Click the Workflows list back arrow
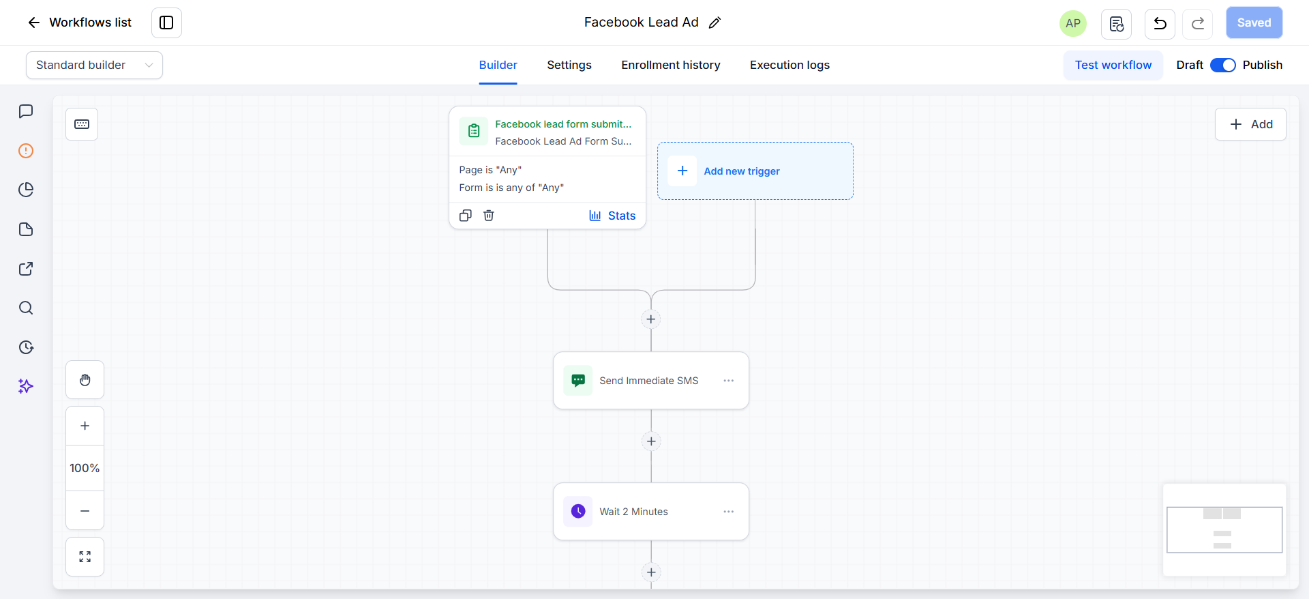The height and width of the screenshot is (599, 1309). coord(33,23)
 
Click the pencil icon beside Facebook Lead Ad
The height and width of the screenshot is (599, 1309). coord(714,23)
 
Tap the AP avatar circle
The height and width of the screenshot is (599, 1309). coord(1073,23)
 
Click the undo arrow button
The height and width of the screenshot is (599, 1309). coord(1160,24)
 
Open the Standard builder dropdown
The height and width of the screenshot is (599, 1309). coord(94,65)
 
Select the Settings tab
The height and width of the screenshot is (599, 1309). coord(569,65)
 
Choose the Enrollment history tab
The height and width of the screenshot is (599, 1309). coord(671,65)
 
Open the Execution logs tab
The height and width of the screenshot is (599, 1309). coord(789,65)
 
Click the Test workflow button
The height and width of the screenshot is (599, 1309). coord(1113,65)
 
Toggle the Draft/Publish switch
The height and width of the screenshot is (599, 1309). coord(1222,65)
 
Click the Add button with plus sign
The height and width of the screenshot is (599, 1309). coord(1250,124)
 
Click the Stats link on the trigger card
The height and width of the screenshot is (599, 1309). coord(612,216)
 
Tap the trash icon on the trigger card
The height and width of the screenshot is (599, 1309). coord(489,216)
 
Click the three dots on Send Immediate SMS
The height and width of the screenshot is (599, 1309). coord(729,381)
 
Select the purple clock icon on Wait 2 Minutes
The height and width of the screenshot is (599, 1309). coord(578,512)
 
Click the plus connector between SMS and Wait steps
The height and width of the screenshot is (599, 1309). coord(651,441)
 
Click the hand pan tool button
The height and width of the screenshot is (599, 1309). coord(85,380)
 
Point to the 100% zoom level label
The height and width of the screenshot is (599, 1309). coord(85,468)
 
